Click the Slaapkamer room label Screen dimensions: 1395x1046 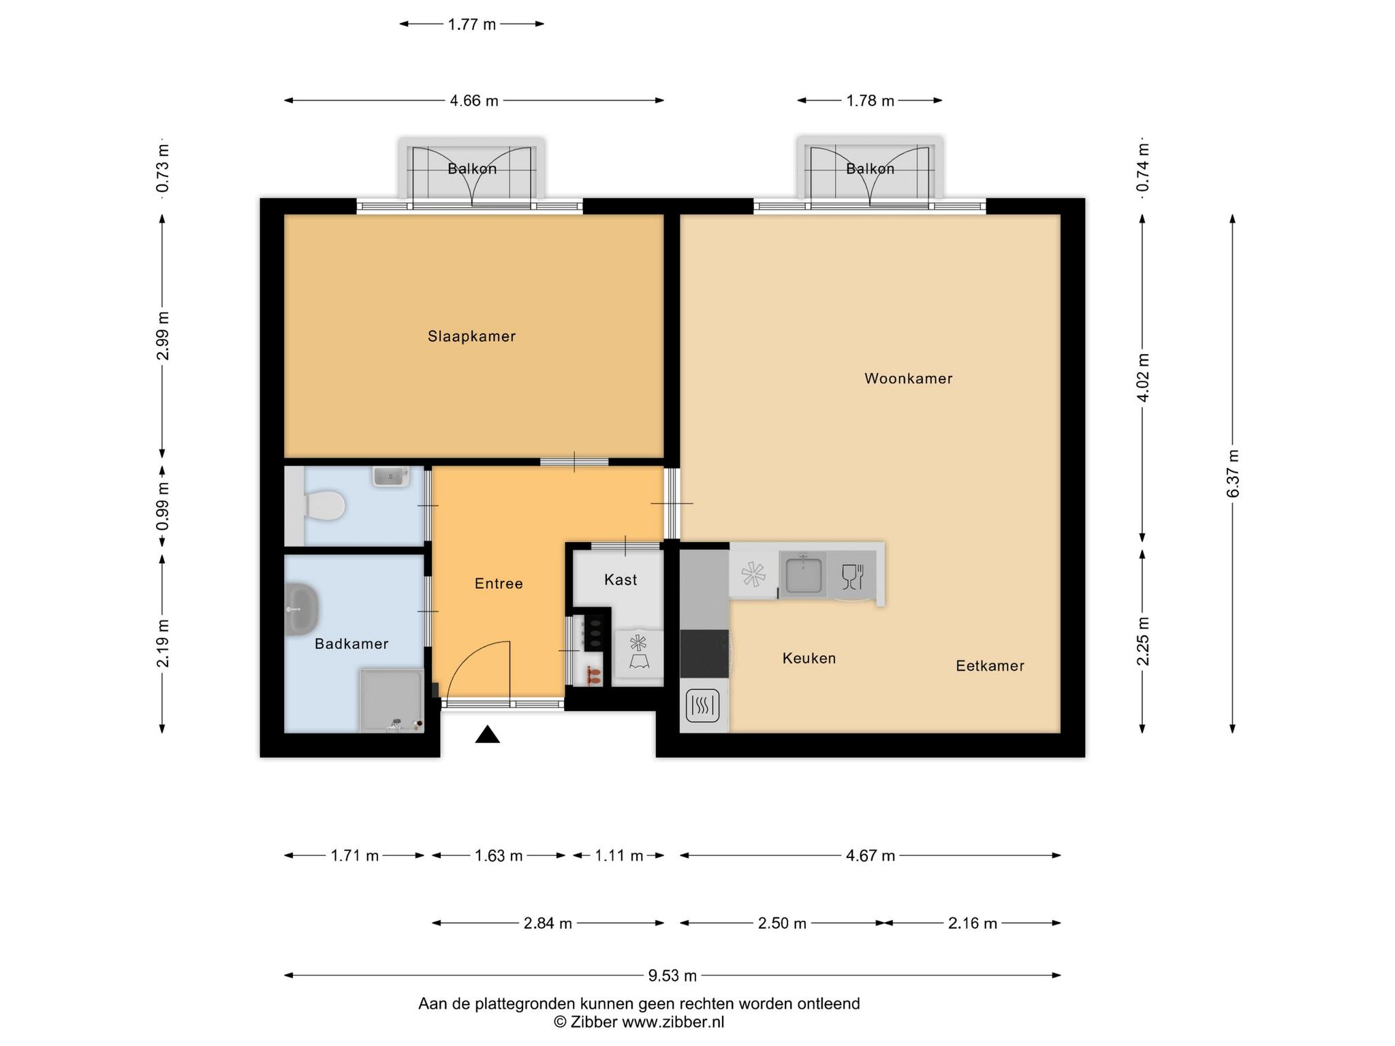(x=471, y=336)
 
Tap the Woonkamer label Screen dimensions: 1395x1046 (x=908, y=379)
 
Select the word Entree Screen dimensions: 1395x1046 (x=499, y=584)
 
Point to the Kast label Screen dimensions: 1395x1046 (x=621, y=580)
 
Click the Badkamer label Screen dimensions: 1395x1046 (x=351, y=644)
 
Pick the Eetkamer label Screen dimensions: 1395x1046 (x=990, y=666)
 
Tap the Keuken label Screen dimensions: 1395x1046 (x=809, y=659)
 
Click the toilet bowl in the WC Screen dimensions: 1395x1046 (x=324, y=505)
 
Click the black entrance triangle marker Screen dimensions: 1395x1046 (x=488, y=735)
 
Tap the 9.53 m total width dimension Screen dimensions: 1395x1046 (x=672, y=976)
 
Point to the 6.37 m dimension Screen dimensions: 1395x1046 (x=1233, y=474)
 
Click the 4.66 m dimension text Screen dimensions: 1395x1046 (x=474, y=101)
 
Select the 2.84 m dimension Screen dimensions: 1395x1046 (x=548, y=923)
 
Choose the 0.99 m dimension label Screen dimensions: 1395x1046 (x=162, y=507)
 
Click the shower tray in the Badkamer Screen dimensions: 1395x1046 (x=392, y=701)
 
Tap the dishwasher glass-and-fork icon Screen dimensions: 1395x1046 (x=852, y=576)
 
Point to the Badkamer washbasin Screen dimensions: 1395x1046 (x=301, y=608)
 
